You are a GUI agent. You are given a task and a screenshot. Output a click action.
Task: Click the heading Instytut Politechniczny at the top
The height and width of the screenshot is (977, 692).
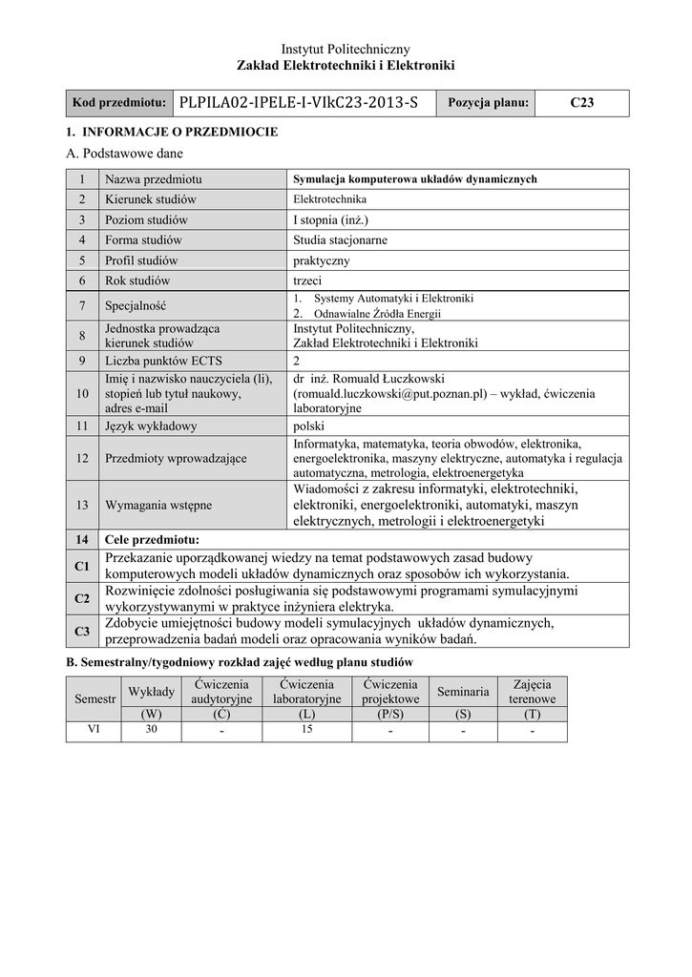(346, 48)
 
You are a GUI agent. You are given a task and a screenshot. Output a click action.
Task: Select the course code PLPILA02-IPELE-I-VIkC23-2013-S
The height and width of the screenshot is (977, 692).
(298, 103)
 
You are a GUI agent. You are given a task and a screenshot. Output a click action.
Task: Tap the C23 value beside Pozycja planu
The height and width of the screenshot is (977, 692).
(581, 103)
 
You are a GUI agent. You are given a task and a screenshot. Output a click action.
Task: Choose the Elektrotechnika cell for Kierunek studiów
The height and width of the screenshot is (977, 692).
(329, 199)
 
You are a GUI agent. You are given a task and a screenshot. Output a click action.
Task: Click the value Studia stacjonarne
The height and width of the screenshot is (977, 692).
(340, 239)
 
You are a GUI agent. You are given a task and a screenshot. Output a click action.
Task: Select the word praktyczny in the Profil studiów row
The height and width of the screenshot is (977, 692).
(322, 260)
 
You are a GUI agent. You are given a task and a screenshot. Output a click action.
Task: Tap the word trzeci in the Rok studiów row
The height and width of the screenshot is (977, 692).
(308, 281)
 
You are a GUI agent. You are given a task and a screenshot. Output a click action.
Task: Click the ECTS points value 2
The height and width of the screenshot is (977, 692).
(297, 361)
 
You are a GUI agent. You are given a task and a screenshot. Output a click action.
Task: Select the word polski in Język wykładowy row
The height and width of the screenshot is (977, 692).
(309, 426)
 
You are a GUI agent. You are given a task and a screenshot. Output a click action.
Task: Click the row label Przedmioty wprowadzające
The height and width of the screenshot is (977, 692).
(176, 458)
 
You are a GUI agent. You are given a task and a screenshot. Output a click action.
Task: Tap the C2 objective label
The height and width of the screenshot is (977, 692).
(81, 598)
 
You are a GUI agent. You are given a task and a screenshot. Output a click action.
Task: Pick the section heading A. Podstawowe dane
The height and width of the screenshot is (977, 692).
(123, 153)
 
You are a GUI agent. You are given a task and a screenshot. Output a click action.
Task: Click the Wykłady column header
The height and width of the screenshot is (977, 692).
(150, 691)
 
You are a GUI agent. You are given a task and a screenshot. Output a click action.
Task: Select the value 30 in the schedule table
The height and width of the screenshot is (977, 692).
(150, 730)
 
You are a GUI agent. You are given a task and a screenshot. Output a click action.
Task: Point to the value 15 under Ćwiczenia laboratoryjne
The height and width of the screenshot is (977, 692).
(306, 730)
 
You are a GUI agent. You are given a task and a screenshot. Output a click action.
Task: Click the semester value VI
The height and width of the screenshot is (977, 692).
(94, 730)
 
